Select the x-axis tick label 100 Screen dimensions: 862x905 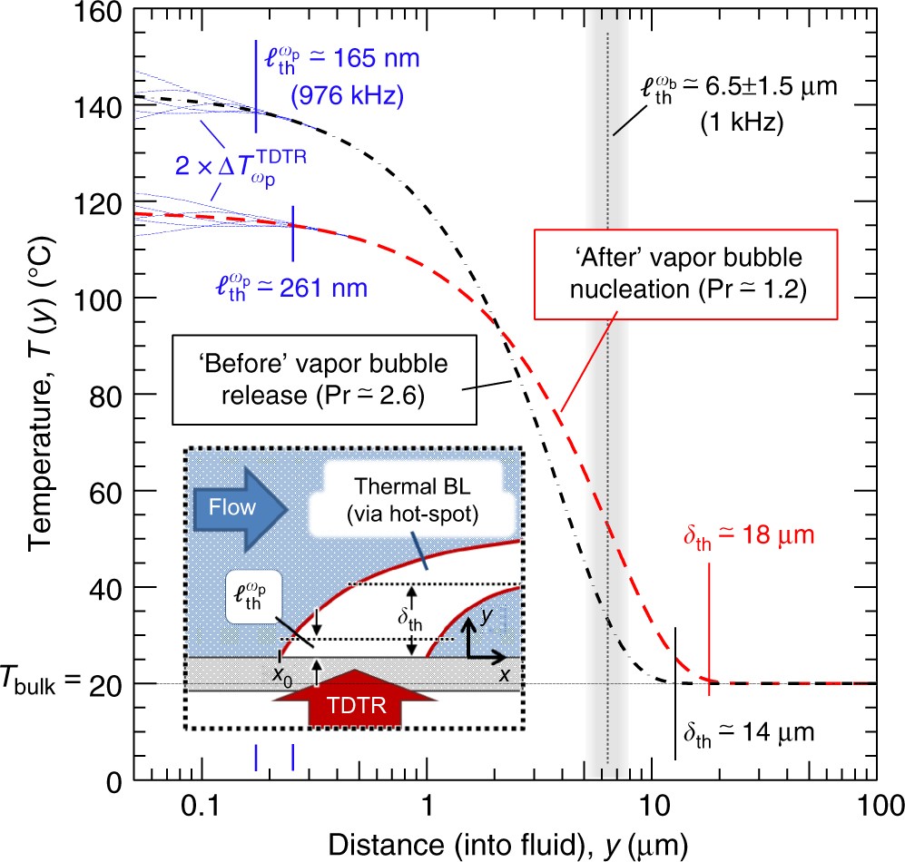[875, 804]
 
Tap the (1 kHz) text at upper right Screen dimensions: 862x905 [742, 123]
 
